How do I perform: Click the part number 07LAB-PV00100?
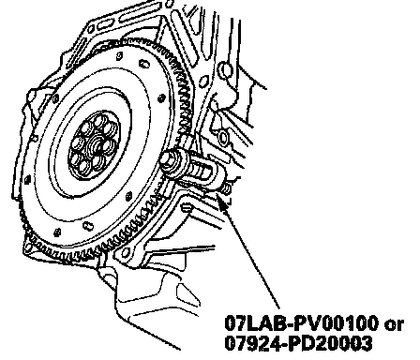pos(302,323)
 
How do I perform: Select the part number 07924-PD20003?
pos(299,343)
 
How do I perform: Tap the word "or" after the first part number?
pos(394,325)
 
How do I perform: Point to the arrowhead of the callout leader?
pos(222,203)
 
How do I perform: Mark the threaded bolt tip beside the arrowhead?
pos(227,188)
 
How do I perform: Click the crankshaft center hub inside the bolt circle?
pos(97,145)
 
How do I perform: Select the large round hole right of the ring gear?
pos(226,70)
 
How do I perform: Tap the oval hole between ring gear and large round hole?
pos(204,82)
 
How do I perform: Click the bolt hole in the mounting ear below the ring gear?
pos(126,252)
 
